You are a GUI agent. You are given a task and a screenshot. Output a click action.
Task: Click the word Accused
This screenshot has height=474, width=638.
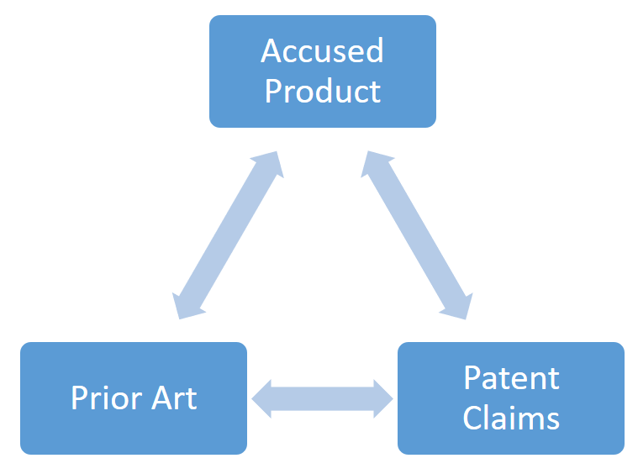click(323, 51)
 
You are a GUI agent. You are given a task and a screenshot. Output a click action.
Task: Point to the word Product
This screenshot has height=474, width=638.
click(323, 91)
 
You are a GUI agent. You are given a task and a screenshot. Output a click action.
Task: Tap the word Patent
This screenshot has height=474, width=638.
click(511, 378)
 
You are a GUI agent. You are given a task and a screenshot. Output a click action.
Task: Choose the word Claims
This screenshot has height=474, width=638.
click(511, 418)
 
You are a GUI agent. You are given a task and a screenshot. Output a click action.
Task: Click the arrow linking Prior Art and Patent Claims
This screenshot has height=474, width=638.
click(323, 398)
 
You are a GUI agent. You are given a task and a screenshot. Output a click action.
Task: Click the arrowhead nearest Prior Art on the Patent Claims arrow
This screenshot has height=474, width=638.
click(263, 398)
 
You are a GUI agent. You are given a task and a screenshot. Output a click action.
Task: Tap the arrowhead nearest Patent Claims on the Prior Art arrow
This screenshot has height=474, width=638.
click(382, 398)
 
